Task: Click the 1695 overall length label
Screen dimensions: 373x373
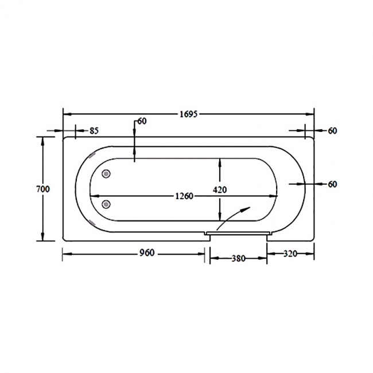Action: click(x=189, y=114)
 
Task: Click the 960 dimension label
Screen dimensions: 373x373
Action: click(x=133, y=254)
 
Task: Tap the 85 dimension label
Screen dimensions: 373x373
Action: click(x=94, y=131)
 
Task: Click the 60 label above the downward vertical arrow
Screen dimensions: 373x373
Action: click(x=142, y=121)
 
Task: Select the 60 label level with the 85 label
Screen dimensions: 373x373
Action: click(x=332, y=131)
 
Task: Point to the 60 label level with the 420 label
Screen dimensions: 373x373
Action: click(x=332, y=184)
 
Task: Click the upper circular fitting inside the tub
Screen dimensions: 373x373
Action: click(x=106, y=174)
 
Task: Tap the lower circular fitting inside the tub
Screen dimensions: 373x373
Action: click(x=106, y=203)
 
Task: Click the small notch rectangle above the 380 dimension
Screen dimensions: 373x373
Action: click(x=238, y=233)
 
